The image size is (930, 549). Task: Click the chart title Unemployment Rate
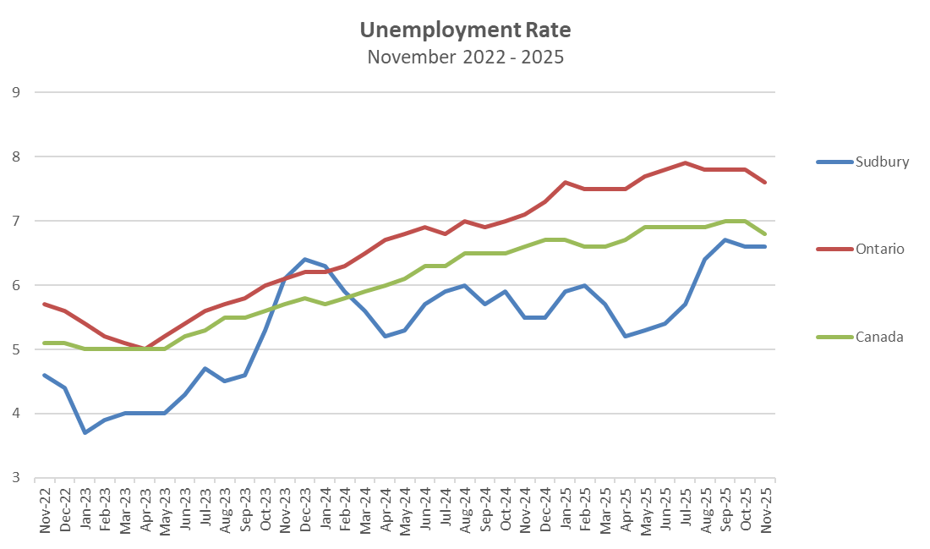pyautogui.click(x=465, y=30)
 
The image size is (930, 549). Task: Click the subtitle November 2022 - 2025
pyautogui.click(x=465, y=58)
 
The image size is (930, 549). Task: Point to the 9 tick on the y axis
pyautogui.click(x=15, y=92)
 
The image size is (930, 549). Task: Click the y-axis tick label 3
pyautogui.click(x=15, y=478)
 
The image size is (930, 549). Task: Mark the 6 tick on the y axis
pyautogui.click(x=15, y=285)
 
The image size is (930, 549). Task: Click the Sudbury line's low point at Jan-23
pyautogui.click(x=85, y=432)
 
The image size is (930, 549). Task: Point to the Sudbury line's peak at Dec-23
pyautogui.click(x=304, y=259)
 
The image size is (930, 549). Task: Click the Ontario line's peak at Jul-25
pyautogui.click(x=685, y=162)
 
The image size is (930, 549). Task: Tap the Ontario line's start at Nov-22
pyautogui.click(x=45, y=304)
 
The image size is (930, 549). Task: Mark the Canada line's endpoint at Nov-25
pyautogui.click(x=765, y=233)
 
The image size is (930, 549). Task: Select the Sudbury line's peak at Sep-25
pyautogui.click(x=725, y=239)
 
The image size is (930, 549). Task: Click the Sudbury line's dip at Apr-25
pyautogui.click(x=625, y=336)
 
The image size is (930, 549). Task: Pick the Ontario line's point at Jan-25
pyautogui.click(x=565, y=182)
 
